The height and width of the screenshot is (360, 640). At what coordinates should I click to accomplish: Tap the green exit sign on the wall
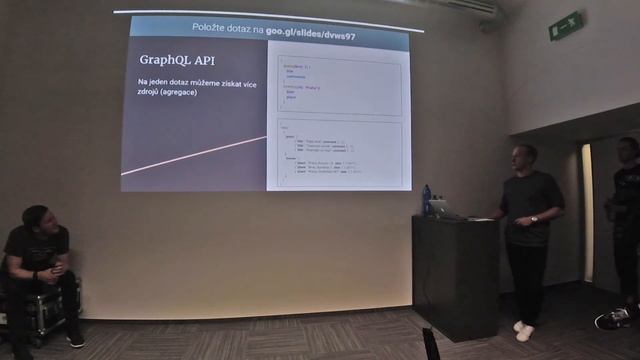coord(565,26)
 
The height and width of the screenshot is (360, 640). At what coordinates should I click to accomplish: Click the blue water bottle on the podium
coord(426,199)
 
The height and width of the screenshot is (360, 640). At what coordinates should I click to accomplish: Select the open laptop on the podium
coord(439,208)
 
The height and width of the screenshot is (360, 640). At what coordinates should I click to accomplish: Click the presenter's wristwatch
coord(533,218)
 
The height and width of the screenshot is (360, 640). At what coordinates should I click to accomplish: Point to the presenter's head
coord(522,157)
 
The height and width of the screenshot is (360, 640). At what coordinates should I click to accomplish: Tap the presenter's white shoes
coord(522,331)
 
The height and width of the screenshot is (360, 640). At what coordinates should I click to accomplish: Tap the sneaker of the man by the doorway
coord(612,318)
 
